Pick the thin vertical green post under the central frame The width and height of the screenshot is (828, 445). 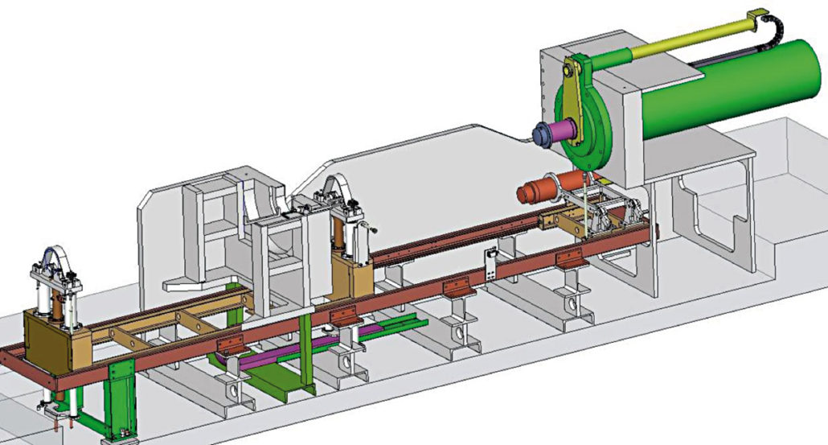(x=306, y=354)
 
